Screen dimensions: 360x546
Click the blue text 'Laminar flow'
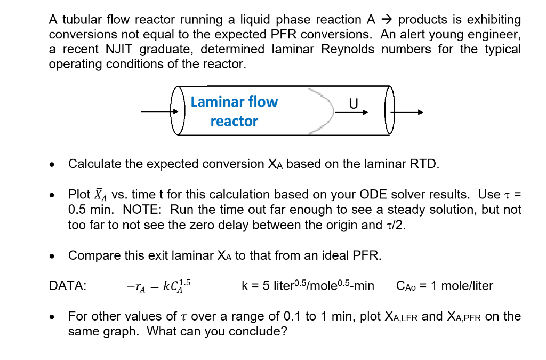(x=234, y=102)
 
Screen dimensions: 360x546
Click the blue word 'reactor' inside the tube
(x=234, y=121)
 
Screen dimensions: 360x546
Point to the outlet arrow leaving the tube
(x=408, y=113)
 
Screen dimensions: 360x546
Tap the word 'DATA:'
(x=68, y=286)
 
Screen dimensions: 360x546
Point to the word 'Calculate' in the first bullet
(x=95, y=164)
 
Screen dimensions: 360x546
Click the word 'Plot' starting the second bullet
(x=79, y=194)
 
